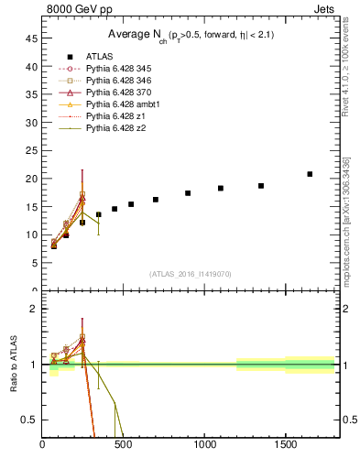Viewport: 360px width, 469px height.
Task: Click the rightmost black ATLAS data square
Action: [310, 174]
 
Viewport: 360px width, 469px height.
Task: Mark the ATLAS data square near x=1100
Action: [221, 188]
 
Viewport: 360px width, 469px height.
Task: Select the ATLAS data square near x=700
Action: [156, 200]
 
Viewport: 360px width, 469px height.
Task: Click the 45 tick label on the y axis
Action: [31, 38]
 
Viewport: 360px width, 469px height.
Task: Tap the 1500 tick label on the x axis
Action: [286, 445]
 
